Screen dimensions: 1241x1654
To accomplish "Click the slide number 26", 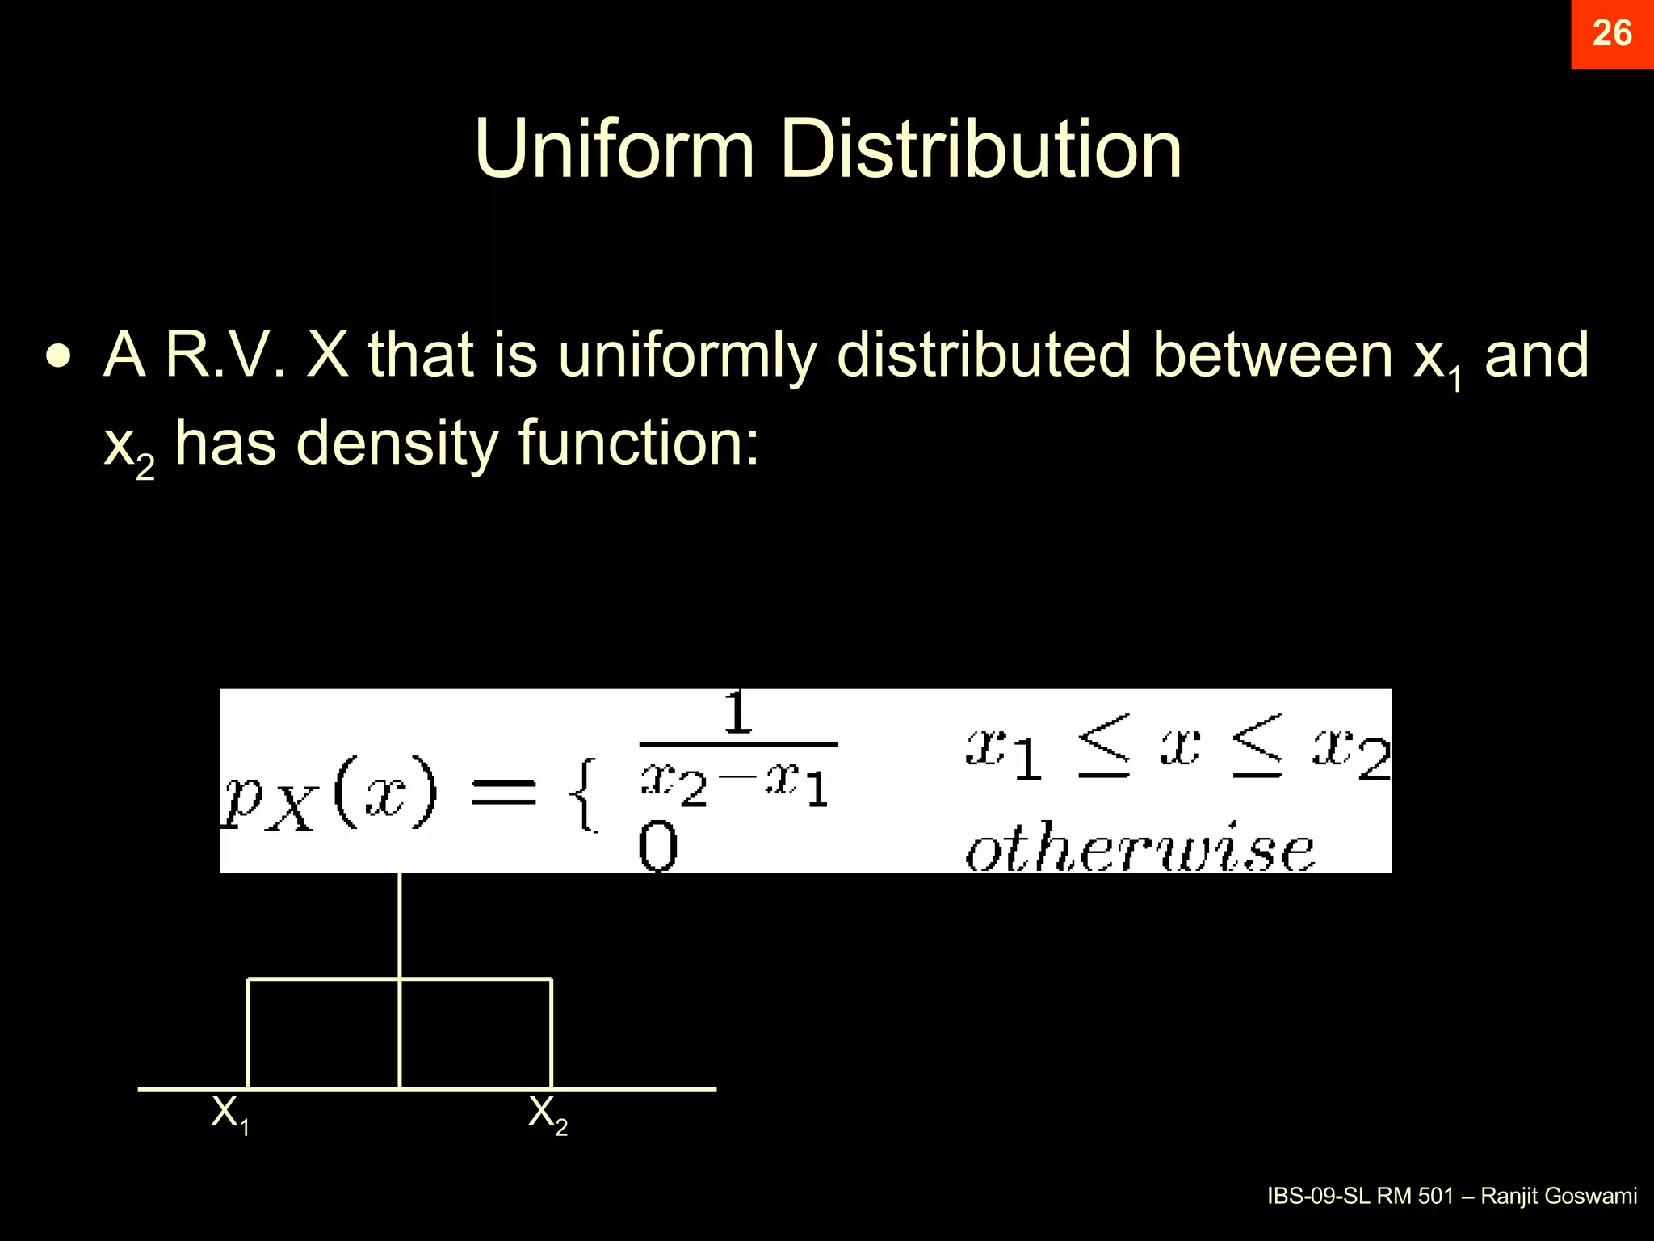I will point(1611,34).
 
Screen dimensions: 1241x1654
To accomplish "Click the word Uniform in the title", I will point(614,149).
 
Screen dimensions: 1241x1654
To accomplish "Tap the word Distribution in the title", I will point(980,149).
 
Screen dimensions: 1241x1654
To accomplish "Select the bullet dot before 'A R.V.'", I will point(58,355).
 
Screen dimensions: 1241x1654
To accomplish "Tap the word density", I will point(397,444).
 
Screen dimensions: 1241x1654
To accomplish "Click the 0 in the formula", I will point(657,848).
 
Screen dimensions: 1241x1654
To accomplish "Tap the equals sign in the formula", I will point(503,791).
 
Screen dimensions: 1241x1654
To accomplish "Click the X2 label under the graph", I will point(548,1114).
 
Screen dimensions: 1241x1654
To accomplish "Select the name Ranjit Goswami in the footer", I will point(1559,1196).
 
